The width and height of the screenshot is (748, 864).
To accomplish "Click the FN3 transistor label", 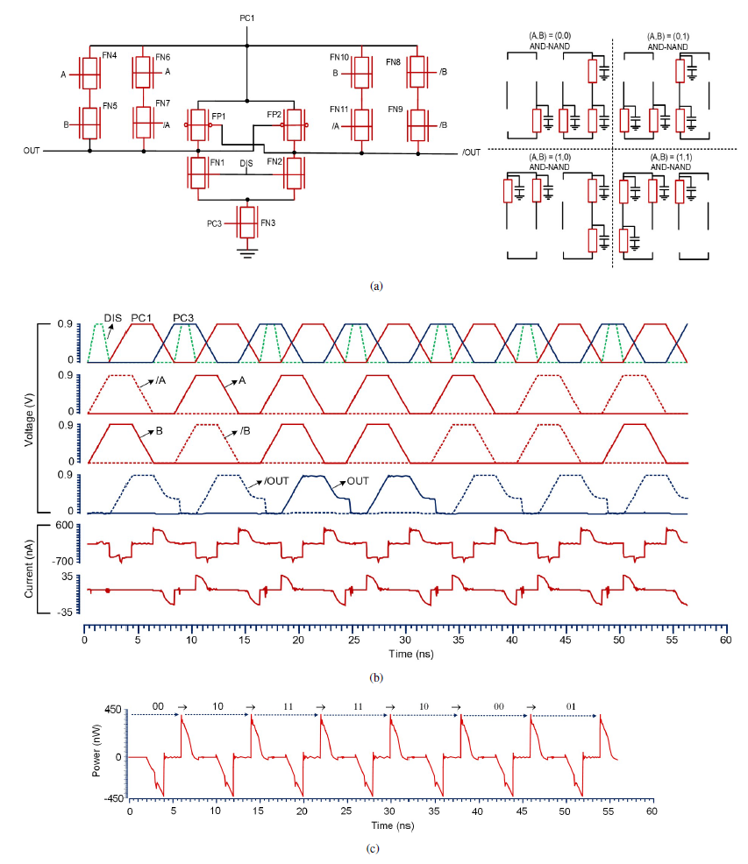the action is [x=267, y=223].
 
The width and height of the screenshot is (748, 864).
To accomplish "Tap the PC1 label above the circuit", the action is [x=247, y=18].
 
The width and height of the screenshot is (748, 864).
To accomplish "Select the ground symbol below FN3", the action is [x=247, y=253].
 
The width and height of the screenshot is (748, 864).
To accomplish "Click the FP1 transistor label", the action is [x=218, y=117].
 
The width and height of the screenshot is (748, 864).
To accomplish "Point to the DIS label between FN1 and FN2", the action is [x=246, y=164].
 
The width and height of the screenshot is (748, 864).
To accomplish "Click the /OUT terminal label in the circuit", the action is [x=471, y=152].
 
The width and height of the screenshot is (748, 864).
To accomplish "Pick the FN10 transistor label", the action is [x=339, y=57].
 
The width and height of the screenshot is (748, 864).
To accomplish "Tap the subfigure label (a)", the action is [x=376, y=286].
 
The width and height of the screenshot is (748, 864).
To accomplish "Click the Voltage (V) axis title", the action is [x=29, y=420].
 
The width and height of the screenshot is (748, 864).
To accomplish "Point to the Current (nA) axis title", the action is [x=29, y=569].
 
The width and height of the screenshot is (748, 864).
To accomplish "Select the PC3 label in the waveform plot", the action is [x=183, y=318].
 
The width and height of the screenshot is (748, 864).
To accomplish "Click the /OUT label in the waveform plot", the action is [x=276, y=481].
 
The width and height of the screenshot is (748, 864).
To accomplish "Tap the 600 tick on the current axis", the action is [x=64, y=525].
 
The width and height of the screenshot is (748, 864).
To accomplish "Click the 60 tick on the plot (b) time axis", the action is [x=725, y=640].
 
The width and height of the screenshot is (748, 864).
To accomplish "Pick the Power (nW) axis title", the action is [x=96, y=750].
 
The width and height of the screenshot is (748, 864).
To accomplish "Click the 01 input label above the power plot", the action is [x=571, y=706].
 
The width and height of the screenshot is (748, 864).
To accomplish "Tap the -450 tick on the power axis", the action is [x=114, y=798].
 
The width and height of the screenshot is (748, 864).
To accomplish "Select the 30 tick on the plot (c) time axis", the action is [x=389, y=811].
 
